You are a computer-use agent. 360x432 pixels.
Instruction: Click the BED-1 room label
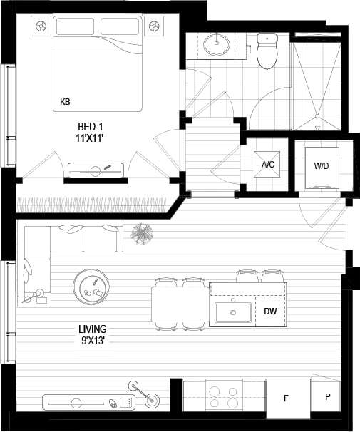click(x=93, y=125)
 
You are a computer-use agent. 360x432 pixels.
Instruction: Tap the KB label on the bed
click(x=66, y=102)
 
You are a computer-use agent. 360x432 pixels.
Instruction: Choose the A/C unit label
click(x=268, y=165)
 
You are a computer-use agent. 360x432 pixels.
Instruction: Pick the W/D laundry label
click(x=321, y=165)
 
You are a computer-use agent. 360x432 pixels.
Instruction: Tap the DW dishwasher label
click(x=270, y=312)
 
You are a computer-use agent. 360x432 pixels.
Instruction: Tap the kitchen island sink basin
click(x=232, y=312)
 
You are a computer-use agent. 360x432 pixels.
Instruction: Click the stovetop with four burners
click(x=224, y=395)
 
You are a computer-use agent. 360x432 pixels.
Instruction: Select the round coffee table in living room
click(x=92, y=287)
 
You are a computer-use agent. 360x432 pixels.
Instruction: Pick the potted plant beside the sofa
click(x=143, y=232)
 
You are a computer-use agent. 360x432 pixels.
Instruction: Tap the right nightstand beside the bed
click(x=154, y=26)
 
